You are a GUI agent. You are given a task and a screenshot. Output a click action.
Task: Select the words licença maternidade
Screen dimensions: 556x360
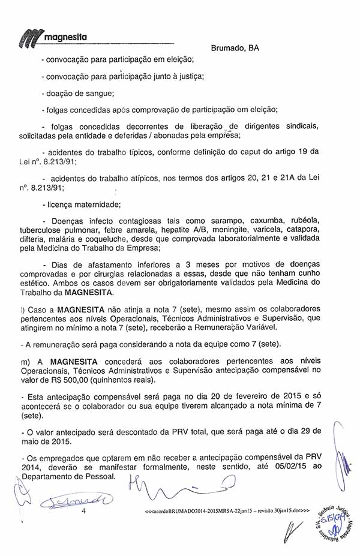84,204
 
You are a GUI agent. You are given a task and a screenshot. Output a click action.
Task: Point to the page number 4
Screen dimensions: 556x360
84,511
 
